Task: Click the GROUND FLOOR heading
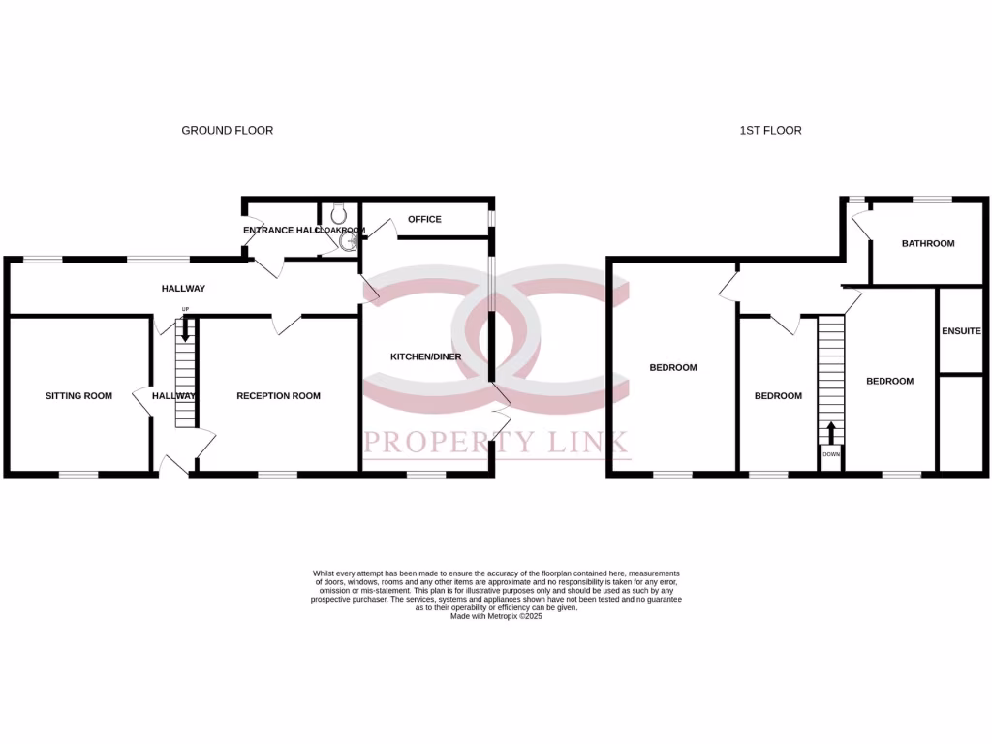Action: (227, 130)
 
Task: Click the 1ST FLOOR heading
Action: (764, 130)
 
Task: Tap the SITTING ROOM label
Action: (78, 396)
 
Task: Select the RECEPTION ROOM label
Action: (278, 396)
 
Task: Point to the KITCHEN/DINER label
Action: (425, 356)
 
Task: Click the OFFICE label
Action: (424, 220)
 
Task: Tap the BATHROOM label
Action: (928, 244)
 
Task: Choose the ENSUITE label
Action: (961, 331)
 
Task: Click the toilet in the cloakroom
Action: (338, 213)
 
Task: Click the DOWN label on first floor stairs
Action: (831, 453)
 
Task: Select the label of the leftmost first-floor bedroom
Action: (672, 368)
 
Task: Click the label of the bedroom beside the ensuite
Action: (889, 382)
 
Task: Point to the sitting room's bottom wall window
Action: (78, 475)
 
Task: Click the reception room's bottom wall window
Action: (277, 475)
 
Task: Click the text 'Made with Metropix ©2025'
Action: (496, 616)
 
